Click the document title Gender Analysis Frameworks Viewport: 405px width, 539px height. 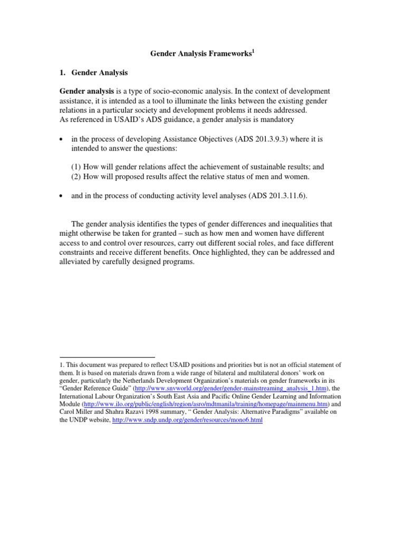coord(193,54)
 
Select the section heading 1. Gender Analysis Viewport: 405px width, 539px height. coord(93,73)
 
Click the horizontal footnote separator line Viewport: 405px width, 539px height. coord(107,356)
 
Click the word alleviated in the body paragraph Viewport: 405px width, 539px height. coord(77,262)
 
